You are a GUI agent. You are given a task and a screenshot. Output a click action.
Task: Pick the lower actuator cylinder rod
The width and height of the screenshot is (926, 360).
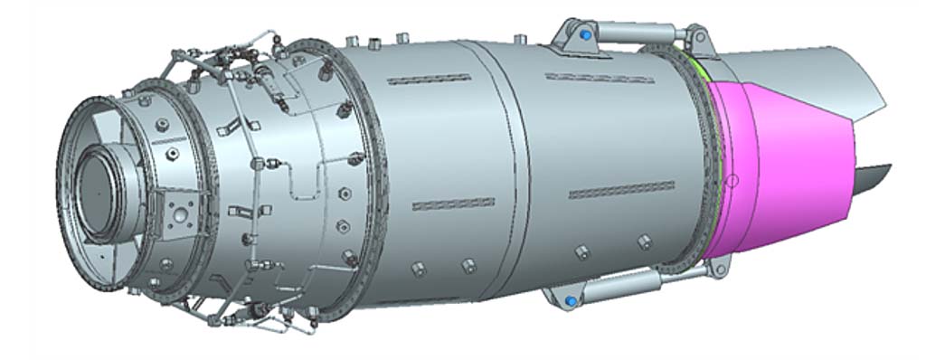tap(633, 288)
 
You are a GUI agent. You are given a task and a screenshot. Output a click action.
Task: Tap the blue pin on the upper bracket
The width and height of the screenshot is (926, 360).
tap(586, 34)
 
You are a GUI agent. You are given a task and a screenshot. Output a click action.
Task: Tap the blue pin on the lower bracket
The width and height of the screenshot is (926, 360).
tap(571, 300)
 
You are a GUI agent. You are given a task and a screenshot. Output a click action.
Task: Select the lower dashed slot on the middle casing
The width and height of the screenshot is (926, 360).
tap(452, 204)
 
